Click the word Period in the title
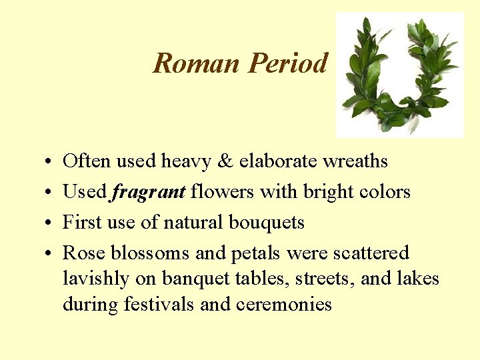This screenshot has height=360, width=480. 288,64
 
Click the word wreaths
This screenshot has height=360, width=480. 355,161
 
